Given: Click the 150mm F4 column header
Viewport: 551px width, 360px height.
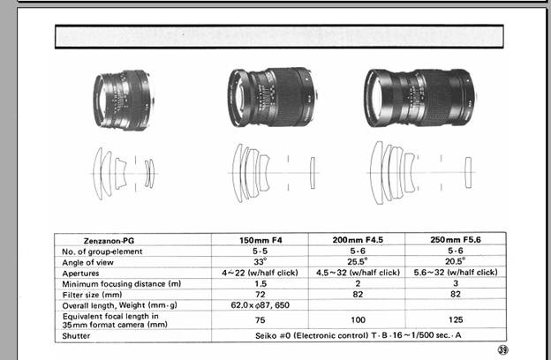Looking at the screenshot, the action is (x=260, y=240).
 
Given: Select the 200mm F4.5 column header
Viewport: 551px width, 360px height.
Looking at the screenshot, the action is (x=358, y=240).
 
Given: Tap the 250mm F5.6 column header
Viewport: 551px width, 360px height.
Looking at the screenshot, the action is (x=456, y=239).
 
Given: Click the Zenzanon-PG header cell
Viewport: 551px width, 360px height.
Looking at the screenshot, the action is (x=109, y=241).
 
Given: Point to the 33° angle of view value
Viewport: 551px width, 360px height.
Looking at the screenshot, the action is (x=260, y=262).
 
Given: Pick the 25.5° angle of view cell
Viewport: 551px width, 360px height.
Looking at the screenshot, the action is (x=358, y=261).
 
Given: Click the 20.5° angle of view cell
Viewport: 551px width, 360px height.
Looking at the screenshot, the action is (x=456, y=261).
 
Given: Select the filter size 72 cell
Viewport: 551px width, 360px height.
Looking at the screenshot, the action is (x=260, y=295).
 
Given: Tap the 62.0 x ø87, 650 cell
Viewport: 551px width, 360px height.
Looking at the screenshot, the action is (x=260, y=305).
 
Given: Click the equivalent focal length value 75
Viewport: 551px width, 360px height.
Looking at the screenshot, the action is (x=260, y=320).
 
